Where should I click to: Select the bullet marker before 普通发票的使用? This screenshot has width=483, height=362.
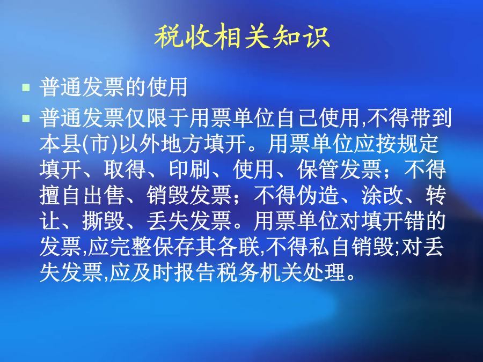[26, 87]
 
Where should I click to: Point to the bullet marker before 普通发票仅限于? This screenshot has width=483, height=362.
[26, 118]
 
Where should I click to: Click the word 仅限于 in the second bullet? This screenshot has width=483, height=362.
[157, 118]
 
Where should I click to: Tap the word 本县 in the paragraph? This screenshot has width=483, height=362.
[61, 144]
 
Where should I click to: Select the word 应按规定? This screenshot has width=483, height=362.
[397, 144]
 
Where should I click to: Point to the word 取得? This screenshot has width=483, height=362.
[125, 169]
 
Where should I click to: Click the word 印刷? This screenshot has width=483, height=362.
[189, 169]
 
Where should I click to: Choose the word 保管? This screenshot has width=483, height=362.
[318, 169]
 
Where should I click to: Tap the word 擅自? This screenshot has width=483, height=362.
[61, 195]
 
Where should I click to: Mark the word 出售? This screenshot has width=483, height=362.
[104, 195]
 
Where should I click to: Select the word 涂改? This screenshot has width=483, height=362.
[382, 195]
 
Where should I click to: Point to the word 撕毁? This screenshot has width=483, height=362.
[104, 221]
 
